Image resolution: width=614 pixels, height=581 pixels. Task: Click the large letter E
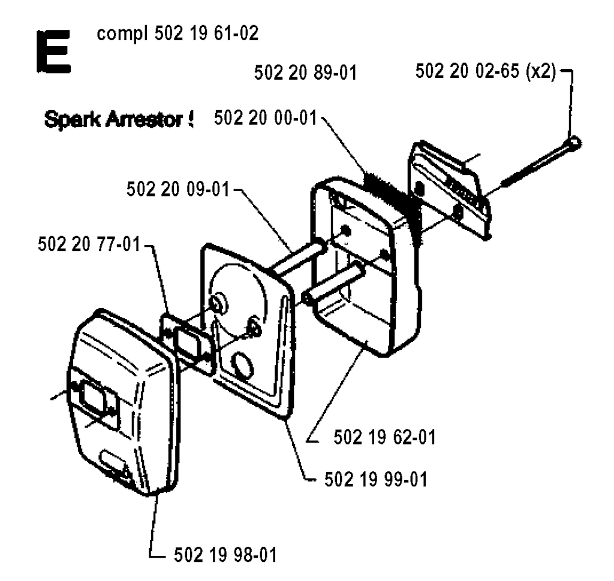(x=53, y=52)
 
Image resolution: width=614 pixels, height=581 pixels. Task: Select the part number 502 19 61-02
(x=206, y=34)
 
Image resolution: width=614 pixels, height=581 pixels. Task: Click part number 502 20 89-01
(x=305, y=73)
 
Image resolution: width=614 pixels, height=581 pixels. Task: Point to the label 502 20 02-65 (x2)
(x=486, y=72)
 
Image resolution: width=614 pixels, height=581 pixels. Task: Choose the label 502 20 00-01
(x=265, y=118)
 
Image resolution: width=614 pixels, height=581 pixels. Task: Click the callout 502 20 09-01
(x=177, y=189)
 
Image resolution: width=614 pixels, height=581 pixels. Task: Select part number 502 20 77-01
(x=89, y=244)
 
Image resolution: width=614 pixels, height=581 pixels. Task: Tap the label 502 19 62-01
(x=384, y=437)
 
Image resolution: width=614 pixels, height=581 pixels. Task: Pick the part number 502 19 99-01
(x=376, y=480)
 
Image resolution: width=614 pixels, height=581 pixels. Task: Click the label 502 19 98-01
(x=225, y=555)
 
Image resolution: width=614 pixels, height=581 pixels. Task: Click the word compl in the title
(x=122, y=34)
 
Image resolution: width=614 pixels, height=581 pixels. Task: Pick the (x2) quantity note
(x=541, y=72)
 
